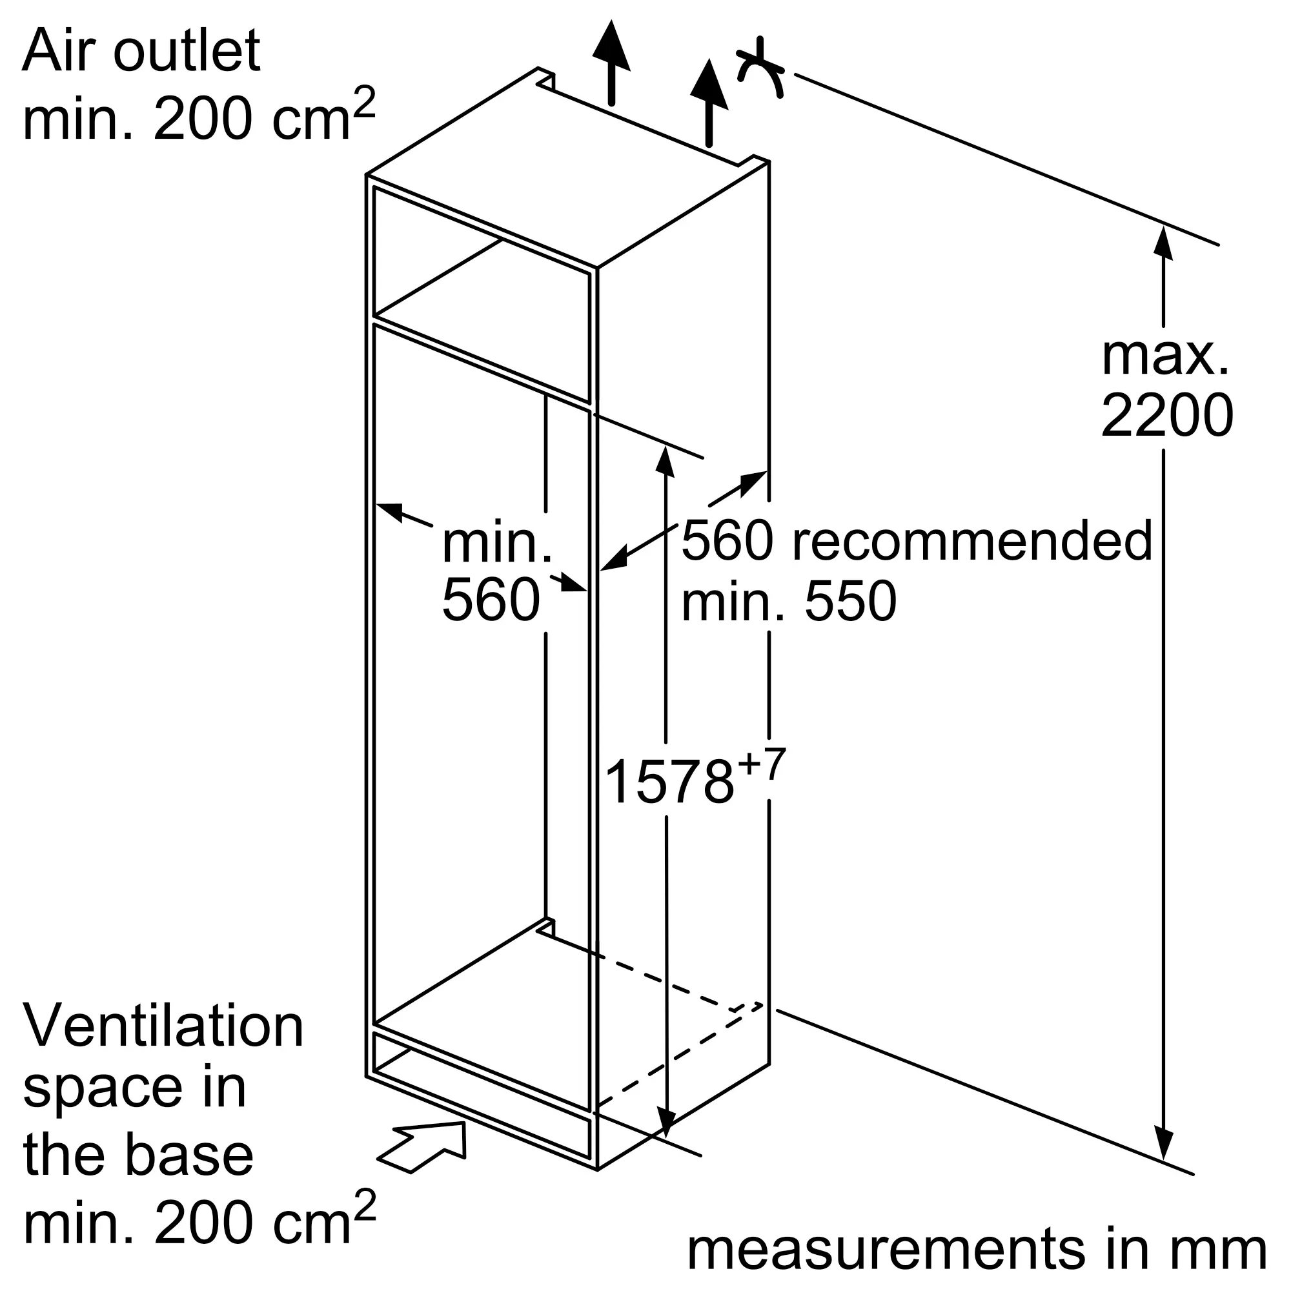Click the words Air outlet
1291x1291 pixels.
click(141, 52)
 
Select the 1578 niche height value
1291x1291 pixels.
click(669, 782)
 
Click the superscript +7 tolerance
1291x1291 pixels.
click(760, 764)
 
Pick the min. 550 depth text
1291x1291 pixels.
click(789, 601)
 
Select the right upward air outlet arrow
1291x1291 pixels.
click(709, 102)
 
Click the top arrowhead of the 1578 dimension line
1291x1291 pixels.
click(666, 460)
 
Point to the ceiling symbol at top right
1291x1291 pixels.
click(760, 68)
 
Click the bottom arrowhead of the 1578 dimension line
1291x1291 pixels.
click(666, 1122)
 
